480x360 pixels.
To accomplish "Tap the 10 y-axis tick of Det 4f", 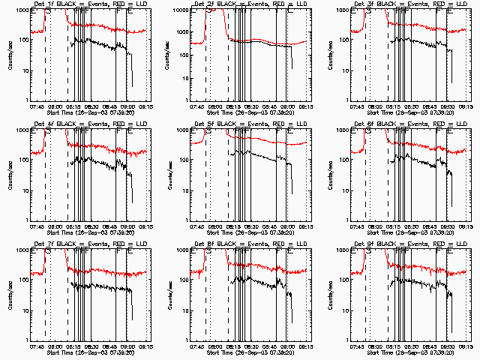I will click(23, 190).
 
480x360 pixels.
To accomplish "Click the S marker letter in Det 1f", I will click(49, 12).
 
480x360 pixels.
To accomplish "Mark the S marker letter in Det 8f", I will click(208, 252).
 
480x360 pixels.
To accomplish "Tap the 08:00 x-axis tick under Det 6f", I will click(377, 226).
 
